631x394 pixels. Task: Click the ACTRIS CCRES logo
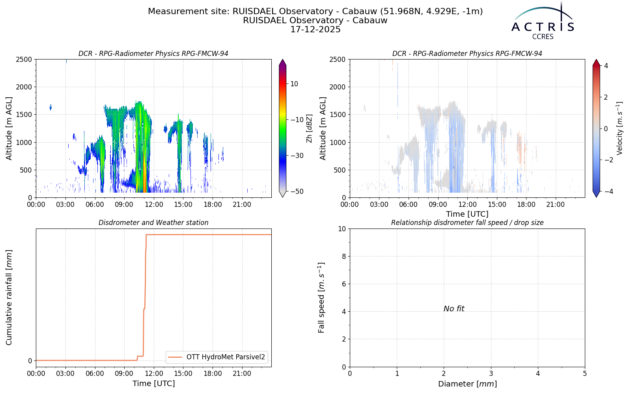click(x=543, y=21)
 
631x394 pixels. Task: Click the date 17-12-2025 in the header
click(x=315, y=30)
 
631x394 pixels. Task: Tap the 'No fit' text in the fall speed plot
click(x=454, y=309)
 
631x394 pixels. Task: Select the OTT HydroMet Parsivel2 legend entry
click(x=217, y=357)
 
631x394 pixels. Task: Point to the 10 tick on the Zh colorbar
click(x=294, y=84)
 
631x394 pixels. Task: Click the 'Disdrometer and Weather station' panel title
click(x=153, y=223)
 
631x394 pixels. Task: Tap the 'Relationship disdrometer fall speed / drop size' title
click(x=467, y=223)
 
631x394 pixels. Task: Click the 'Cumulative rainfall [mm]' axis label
click(x=9, y=297)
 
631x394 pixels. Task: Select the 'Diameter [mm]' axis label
click(x=467, y=384)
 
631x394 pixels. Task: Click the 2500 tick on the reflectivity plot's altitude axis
click(x=24, y=59)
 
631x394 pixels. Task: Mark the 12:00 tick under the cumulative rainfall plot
click(x=153, y=374)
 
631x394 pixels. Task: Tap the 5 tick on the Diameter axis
click(x=585, y=374)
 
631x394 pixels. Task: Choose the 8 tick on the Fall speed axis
click(x=344, y=256)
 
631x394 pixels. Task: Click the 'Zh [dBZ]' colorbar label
click(x=310, y=128)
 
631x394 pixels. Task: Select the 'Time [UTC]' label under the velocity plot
click(x=467, y=214)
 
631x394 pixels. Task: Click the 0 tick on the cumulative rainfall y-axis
click(x=30, y=361)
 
